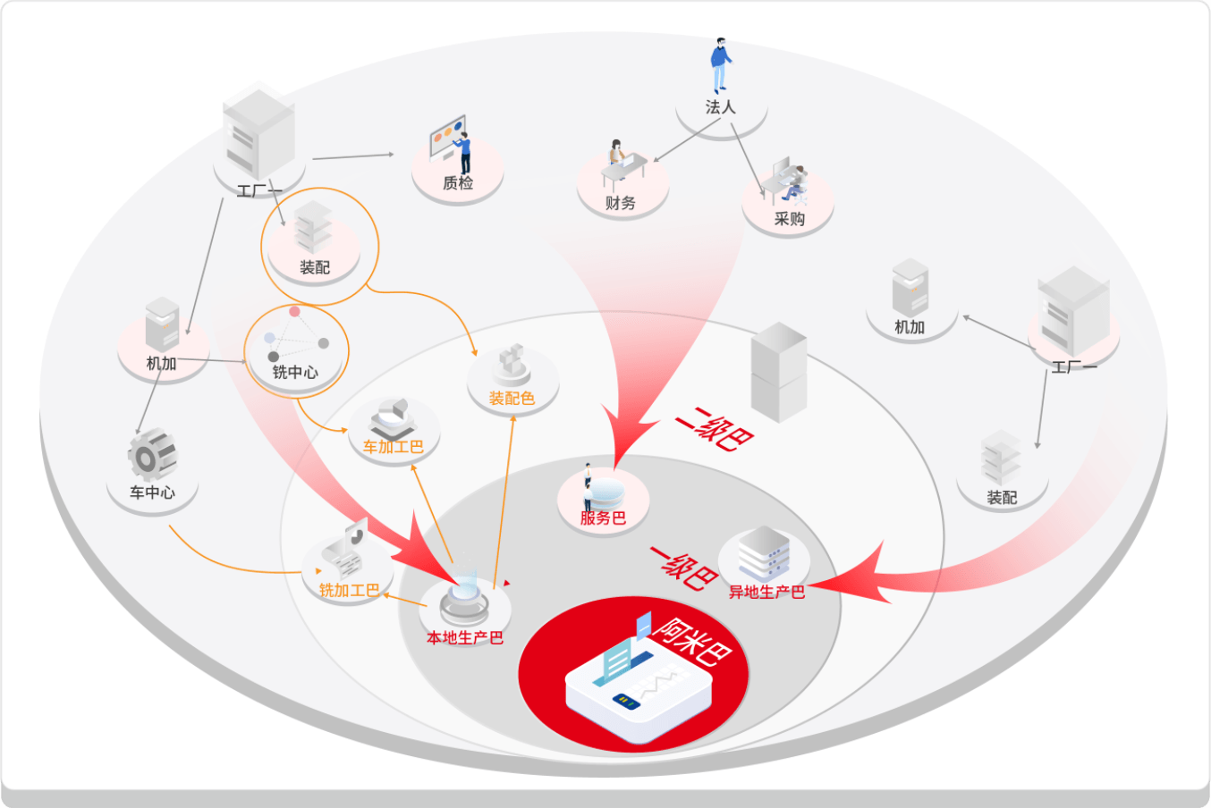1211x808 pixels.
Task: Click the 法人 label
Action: click(720, 107)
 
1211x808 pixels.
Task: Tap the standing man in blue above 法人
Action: click(720, 65)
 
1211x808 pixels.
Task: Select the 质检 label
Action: click(458, 183)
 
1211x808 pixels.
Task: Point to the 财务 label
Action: click(620, 203)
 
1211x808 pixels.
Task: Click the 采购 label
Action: click(789, 219)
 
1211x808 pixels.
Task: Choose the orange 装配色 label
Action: click(512, 399)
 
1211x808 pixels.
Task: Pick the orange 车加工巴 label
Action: click(393, 447)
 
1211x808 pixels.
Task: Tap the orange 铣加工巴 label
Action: click(349, 591)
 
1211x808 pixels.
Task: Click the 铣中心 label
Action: click(295, 373)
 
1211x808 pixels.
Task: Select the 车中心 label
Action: click(152, 492)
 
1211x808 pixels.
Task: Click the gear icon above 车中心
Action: click(150, 454)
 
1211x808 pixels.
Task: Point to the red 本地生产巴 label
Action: click(464, 638)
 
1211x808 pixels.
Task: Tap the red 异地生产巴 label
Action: click(766, 593)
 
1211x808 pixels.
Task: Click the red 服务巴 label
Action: click(603, 518)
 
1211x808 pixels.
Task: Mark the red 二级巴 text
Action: click(714, 429)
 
